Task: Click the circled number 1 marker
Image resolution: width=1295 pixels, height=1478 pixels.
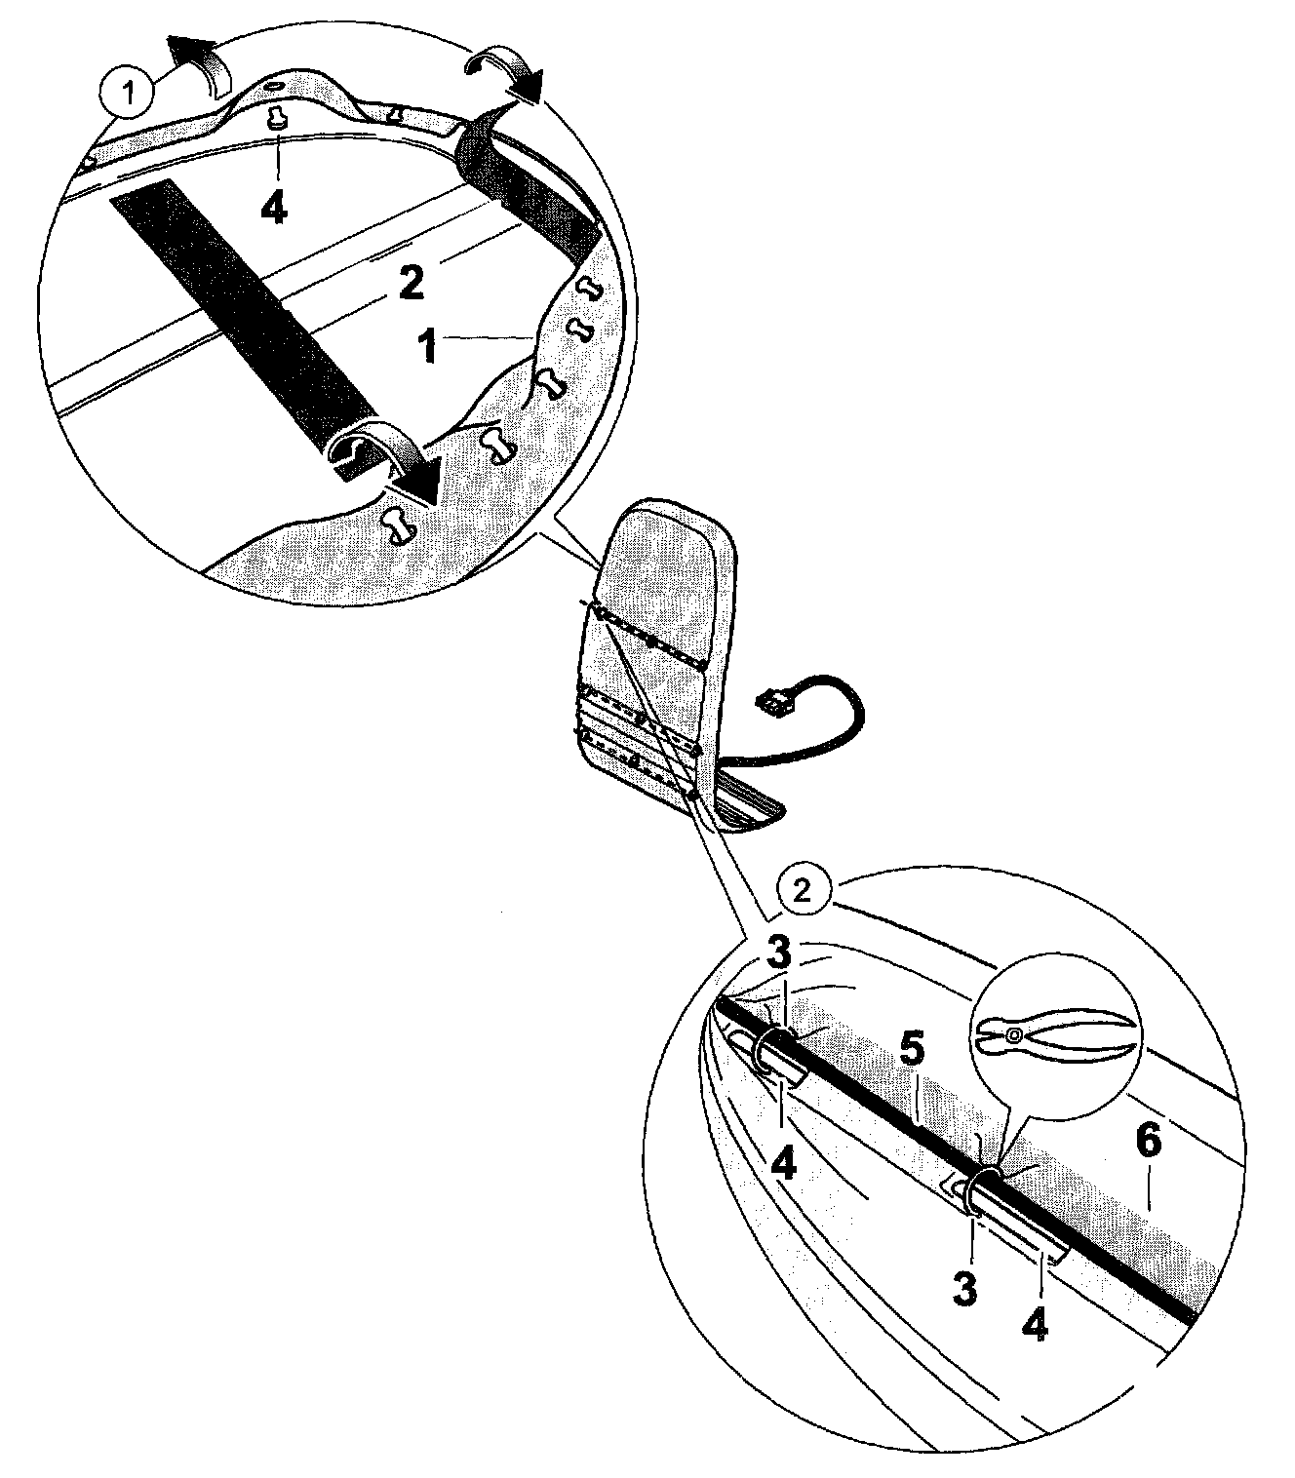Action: point(126,95)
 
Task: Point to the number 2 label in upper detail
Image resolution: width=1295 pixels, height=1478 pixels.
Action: point(411,286)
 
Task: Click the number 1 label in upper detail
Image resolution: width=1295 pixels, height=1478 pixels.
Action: point(428,346)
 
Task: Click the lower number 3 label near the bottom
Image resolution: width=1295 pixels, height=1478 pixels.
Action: point(963,1289)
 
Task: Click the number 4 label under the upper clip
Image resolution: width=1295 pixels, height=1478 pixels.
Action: point(784,1162)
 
